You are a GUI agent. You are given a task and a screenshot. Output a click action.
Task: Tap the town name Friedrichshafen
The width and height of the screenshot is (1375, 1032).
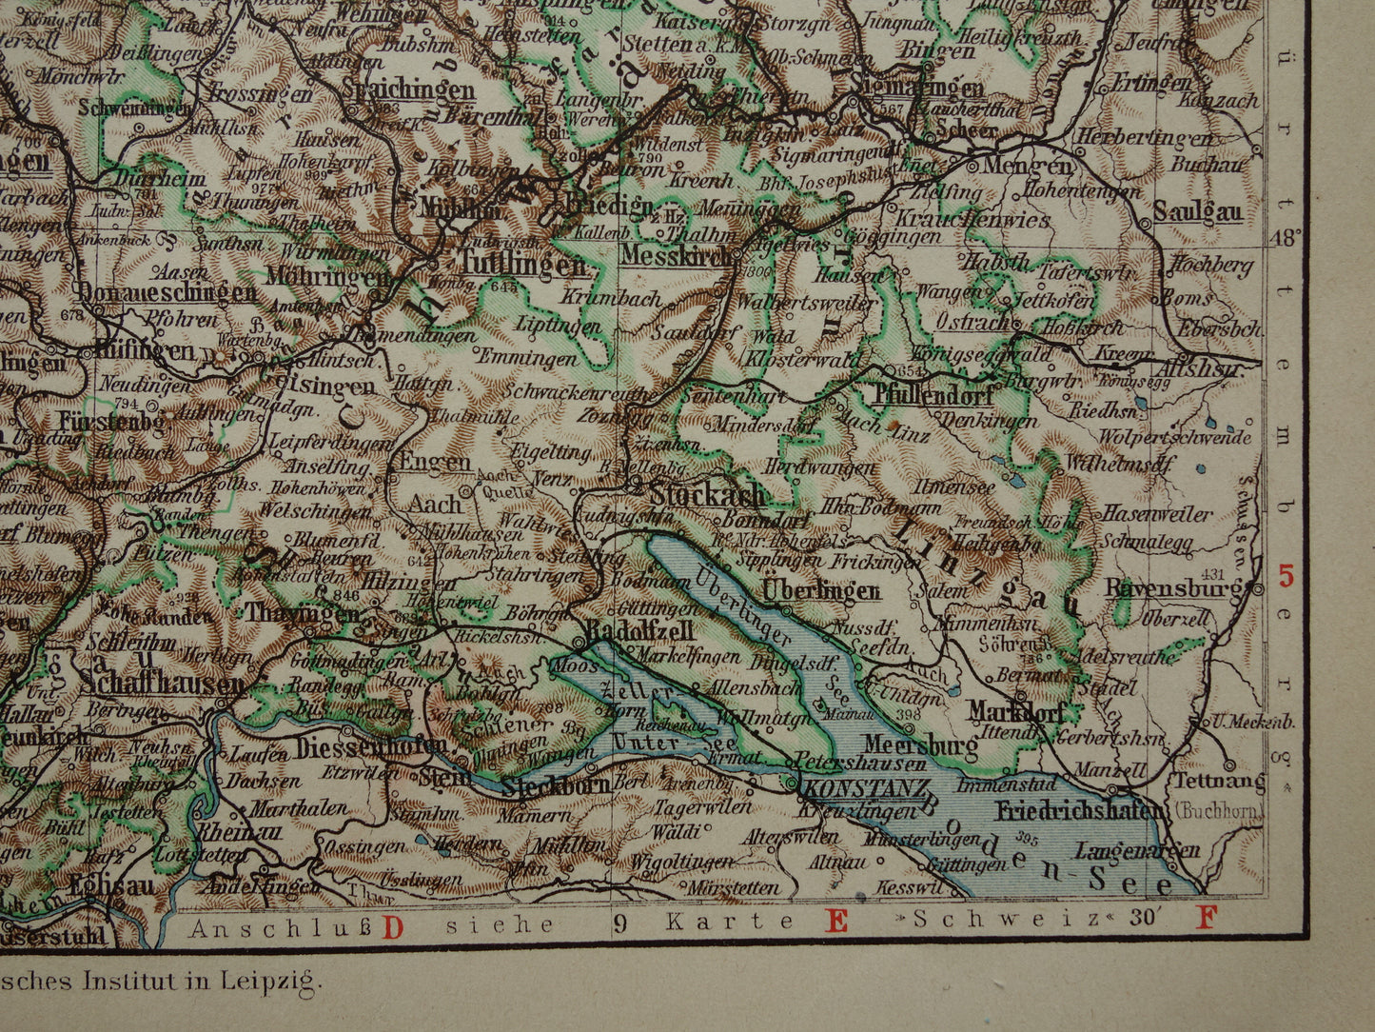click(1079, 811)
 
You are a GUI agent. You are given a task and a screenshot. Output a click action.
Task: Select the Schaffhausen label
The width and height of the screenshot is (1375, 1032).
click(163, 683)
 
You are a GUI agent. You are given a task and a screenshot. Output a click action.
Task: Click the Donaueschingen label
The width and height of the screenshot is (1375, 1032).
click(167, 292)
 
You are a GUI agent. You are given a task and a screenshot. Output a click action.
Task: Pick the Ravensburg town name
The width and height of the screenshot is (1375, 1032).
click(1173, 588)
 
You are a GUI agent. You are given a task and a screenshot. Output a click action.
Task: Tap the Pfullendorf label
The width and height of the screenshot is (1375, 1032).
click(932, 395)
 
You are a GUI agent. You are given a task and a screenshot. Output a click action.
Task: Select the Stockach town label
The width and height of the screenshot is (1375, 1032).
click(708, 494)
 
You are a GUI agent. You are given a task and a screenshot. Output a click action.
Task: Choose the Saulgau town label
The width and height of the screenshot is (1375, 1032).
click(1198, 210)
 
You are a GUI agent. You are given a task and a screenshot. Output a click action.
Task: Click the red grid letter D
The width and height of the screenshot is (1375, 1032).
click(392, 923)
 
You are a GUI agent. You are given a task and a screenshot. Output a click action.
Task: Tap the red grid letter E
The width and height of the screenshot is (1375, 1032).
click(836, 921)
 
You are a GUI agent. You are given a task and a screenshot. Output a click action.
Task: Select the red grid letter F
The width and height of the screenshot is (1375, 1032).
click(1207, 919)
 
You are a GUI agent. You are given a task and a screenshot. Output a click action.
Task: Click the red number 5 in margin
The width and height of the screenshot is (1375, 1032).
click(1287, 576)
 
